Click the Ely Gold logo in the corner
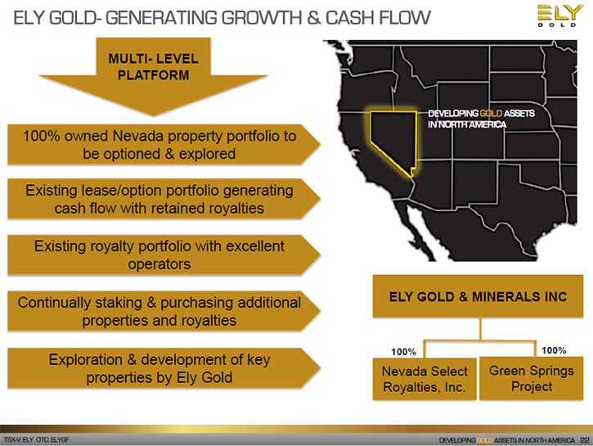557,16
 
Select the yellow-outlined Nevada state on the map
393,140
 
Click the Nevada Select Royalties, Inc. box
425,379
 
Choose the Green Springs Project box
532,378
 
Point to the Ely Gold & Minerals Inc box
478,296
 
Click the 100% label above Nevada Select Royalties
403,352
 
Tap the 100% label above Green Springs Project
554,350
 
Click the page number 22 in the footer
585,440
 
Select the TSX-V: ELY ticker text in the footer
19,439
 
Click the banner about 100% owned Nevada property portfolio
164,145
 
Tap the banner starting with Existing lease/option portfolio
164,199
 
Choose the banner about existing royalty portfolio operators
164,255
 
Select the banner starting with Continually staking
164,311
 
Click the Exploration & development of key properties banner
164,368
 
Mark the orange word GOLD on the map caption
491,114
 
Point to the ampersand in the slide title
313,18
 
